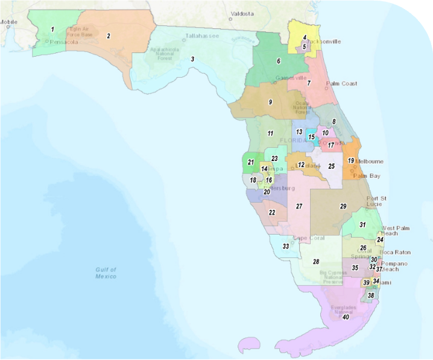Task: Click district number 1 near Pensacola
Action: [52, 29]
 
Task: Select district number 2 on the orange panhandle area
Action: [109, 36]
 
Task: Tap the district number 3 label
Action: [192, 58]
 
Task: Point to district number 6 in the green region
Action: [279, 61]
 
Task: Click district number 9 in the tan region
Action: [270, 102]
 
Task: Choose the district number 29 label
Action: [343, 206]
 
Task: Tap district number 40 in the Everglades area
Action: [346, 316]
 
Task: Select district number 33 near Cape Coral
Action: [286, 246]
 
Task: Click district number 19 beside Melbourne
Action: [350, 160]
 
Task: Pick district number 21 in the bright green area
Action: [250, 162]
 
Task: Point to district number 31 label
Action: [362, 224]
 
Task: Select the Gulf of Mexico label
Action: [106, 273]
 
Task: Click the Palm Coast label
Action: [341, 84]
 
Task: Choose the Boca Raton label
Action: [394, 252]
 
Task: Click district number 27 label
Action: [299, 206]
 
